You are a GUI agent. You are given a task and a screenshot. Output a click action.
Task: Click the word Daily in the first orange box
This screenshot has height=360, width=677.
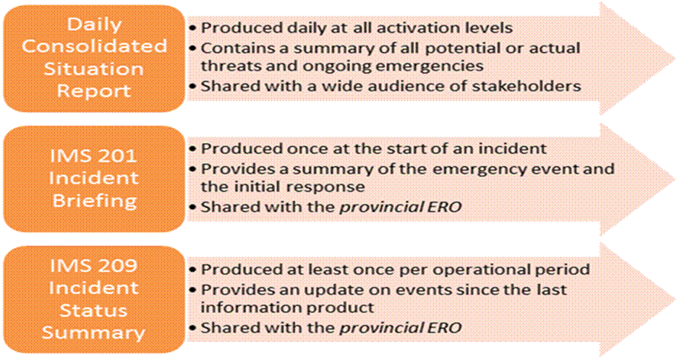pos(94,25)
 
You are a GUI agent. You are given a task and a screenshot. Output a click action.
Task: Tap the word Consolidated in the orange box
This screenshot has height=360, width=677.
pos(94,46)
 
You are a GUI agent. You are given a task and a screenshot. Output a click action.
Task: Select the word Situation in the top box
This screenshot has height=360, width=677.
pos(94,69)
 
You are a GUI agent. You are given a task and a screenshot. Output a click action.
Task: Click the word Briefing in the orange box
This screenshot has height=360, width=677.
pos(94,201)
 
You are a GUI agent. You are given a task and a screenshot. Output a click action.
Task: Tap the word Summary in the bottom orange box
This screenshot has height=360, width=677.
pos(94,333)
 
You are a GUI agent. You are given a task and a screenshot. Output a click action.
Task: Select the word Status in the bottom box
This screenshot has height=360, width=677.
pos(94,310)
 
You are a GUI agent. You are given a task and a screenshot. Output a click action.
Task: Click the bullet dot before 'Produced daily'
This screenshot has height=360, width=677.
pos(192,28)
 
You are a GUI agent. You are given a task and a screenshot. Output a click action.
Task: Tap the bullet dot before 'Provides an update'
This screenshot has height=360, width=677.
pos(192,290)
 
